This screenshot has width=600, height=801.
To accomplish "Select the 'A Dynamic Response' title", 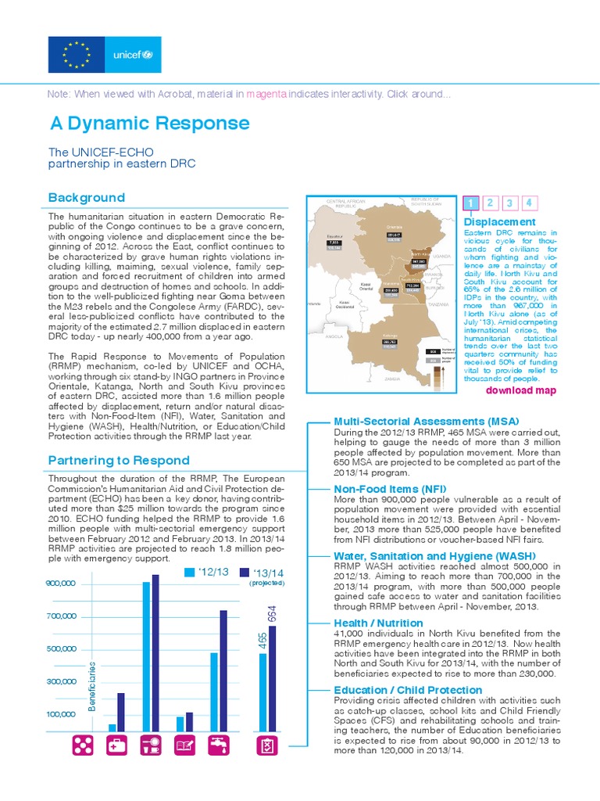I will pyautogui.click(x=149, y=124).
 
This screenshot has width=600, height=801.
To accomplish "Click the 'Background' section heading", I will pyautogui.click(x=86, y=197).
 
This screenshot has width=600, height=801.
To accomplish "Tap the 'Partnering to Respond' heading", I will pyautogui.click(x=118, y=460).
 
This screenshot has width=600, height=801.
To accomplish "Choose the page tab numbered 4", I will pyautogui.click(x=529, y=203).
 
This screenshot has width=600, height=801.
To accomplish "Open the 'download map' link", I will pyautogui.click(x=521, y=390).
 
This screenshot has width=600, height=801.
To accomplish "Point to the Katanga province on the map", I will pyautogui.click(x=391, y=344).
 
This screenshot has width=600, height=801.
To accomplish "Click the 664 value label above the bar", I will pyautogui.click(x=273, y=613).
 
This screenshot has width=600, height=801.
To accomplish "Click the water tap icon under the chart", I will pyautogui.click(x=218, y=746).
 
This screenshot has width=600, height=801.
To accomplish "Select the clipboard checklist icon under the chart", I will pyautogui.click(x=267, y=746).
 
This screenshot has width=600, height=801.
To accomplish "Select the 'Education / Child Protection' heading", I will pyautogui.click(x=408, y=690).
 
